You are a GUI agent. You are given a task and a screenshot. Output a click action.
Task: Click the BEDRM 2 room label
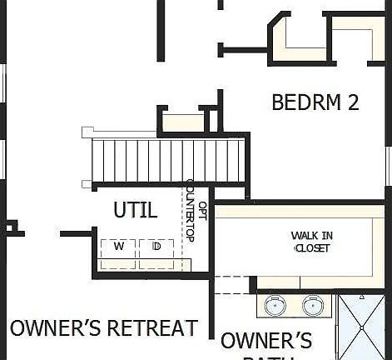pos(315,102)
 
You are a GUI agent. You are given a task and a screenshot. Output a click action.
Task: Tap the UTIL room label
pos(135,209)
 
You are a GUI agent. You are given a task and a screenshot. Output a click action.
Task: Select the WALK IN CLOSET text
pos(310,242)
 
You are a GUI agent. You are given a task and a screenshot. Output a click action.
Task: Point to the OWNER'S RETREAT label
pos(104,327)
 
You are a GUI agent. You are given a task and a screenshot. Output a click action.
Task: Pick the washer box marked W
pos(118,248)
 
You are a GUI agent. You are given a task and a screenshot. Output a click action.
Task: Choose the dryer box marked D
pos(156,248)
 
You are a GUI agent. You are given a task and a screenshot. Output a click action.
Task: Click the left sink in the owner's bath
pos(275,306)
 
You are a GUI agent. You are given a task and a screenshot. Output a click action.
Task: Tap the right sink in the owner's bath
pos(313,306)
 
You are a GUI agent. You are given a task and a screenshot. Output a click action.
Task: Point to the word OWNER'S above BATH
pos(266,341)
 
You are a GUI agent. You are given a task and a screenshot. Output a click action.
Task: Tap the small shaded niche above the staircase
pos(182,123)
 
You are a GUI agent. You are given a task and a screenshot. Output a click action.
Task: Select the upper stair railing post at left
pos(87,132)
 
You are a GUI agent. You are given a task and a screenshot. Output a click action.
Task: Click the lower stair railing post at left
pos(87,184)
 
